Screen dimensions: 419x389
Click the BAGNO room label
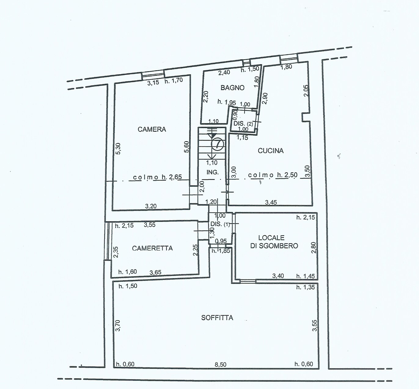coord(233,87)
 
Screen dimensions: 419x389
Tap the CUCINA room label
coord(271,151)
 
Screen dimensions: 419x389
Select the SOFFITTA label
coord(217,318)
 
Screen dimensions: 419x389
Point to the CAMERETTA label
coord(152,248)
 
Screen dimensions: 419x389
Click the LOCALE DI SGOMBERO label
coord(274,242)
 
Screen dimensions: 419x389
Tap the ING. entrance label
coord(212,172)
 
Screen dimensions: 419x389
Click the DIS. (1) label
coord(220,224)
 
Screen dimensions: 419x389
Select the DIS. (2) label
coord(243,123)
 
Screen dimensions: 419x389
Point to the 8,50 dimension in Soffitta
coord(221,365)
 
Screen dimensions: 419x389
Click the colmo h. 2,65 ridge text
coord(157,177)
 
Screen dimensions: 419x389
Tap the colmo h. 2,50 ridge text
coord(273,175)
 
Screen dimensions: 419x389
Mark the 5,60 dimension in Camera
coord(187,147)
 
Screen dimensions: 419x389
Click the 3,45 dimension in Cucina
coord(271,203)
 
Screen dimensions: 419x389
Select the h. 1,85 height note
coord(221,251)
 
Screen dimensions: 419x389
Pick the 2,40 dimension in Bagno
coord(224,72)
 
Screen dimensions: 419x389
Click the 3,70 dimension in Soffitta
coord(118,326)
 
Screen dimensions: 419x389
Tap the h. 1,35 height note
coord(306,287)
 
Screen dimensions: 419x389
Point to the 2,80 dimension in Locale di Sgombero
coord(314,248)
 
